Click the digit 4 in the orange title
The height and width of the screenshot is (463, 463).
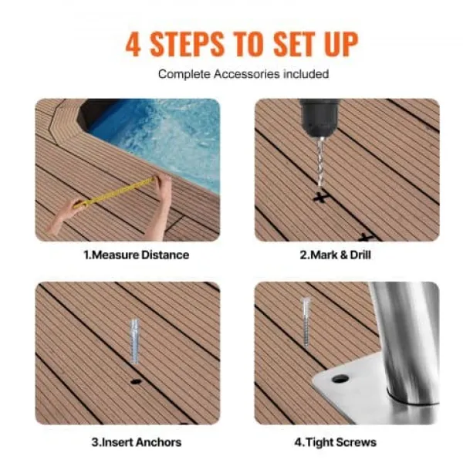point(133,44)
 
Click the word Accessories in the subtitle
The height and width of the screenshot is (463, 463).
point(247,74)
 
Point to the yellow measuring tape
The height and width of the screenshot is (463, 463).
point(115,192)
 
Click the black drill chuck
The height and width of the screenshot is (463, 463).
point(319,117)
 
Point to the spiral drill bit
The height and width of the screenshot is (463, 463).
point(320,162)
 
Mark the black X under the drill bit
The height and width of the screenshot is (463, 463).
point(321,197)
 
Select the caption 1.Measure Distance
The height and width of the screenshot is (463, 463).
point(137,255)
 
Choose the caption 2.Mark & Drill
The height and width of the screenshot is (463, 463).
point(336,255)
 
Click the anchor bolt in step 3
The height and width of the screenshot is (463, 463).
point(134,341)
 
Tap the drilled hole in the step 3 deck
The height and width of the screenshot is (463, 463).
point(136,381)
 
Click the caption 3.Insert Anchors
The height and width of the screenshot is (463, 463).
point(137,442)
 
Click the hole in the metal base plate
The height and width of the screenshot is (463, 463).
point(340,378)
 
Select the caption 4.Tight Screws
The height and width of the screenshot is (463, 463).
point(336,442)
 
